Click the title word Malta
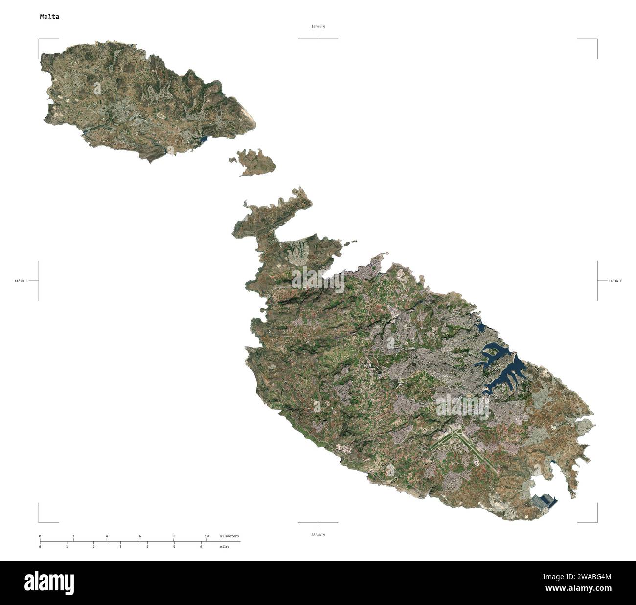click(x=49, y=17)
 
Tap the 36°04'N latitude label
click(x=318, y=27)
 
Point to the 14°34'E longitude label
click(x=615, y=281)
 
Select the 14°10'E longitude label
click(x=21, y=281)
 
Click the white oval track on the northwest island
click(x=160, y=117)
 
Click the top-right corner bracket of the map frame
click(x=596, y=39)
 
